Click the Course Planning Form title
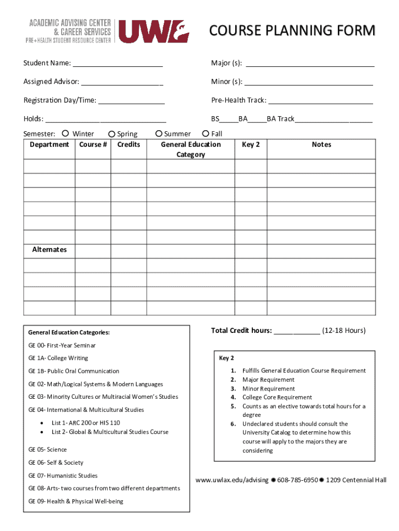tap(292, 31)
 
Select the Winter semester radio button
tap(65, 134)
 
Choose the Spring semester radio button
tap(111, 134)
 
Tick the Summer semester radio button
tap(159, 134)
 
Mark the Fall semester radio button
tap(206, 134)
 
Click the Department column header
tap(49, 145)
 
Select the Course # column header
tap(93, 145)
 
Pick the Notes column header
tap(321, 145)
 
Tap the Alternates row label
tap(49, 249)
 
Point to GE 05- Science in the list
tap(48, 450)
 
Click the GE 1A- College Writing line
tap(58, 358)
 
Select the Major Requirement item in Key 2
tap(268, 380)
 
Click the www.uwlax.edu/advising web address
tap(232, 480)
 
